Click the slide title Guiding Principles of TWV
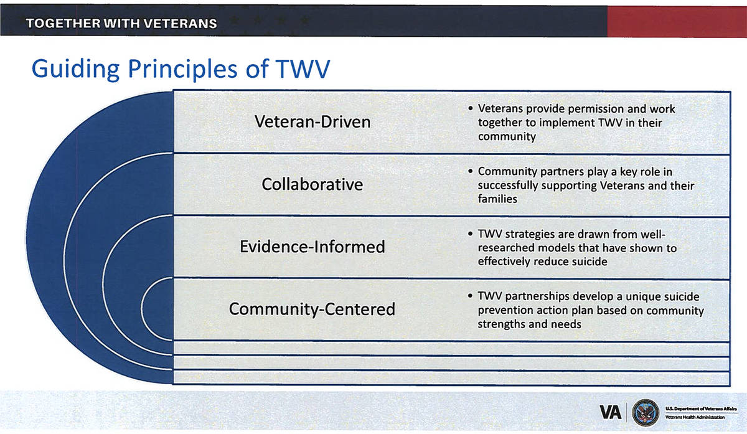tap(181, 69)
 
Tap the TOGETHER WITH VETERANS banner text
tap(121, 24)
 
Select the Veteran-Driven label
tap(312, 121)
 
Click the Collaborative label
tap(312, 184)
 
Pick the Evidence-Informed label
tap(312, 247)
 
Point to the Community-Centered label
tap(312, 309)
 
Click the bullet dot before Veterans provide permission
tap(470, 108)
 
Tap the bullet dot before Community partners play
tap(470, 171)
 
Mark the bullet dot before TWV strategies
tap(470, 234)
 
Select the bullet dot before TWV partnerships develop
tap(470, 296)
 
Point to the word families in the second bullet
tap(497, 199)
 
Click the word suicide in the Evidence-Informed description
tap(590, 262)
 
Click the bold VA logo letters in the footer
tap(610, 412)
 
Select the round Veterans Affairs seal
tap(646, 412)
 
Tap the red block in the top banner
tap(677, 21)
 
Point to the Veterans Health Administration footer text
tap(695, 417)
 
